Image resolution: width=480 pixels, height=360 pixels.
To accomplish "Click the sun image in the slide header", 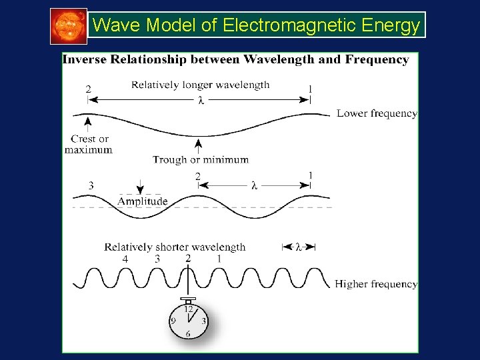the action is (69, 26).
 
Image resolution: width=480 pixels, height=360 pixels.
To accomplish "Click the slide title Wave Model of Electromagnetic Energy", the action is (257, 25).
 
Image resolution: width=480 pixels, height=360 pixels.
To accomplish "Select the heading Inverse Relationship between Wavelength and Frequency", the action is (235, 59).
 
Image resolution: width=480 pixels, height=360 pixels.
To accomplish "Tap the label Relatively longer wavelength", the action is (200, 85).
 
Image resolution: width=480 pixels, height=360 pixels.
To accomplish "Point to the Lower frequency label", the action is (377, 113).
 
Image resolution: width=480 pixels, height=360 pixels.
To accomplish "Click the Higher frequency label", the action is (376, 284).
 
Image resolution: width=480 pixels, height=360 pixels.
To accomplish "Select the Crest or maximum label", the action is (89, 144).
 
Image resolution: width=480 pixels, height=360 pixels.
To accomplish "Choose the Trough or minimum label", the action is (200, 159).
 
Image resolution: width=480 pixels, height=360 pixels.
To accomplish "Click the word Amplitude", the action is (143, 201).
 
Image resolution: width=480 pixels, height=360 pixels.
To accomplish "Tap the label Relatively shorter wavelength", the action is (175, 247).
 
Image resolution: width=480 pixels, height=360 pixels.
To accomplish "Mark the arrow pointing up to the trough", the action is (198, 145).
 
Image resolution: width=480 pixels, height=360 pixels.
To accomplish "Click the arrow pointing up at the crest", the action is (87, 123).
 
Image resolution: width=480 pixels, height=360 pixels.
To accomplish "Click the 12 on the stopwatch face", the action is (188, 309).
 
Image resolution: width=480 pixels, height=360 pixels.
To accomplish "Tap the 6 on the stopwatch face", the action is (188, 334).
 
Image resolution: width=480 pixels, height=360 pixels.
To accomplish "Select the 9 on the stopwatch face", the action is (173, 321).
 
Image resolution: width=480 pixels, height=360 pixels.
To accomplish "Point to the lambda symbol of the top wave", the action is (200, 101).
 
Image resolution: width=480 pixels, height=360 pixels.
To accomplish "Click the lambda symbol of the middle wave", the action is (255, 186).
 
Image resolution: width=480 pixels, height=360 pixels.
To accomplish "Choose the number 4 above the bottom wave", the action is (125, 259).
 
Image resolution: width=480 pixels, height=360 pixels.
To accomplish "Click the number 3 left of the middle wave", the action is (91, 185).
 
